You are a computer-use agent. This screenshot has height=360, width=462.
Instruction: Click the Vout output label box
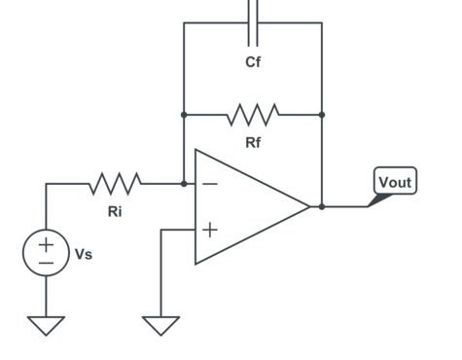coord(395,182)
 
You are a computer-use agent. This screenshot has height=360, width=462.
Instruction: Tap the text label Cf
coord(253,63)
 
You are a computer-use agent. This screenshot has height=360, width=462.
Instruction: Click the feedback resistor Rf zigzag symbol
coord(253,115)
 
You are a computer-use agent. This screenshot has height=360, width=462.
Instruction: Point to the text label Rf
coord(253,143)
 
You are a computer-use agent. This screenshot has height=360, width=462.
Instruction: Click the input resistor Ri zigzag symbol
coord(116,183)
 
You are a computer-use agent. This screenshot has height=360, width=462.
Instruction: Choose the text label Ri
coord(115,211)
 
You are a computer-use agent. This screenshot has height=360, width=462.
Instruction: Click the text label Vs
coord(85,254)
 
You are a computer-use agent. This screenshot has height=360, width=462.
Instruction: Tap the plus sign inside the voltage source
coord(46,244)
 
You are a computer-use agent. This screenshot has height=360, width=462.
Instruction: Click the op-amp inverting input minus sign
coord(210,183)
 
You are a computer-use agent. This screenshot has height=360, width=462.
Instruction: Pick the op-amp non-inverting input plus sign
coord(210,230)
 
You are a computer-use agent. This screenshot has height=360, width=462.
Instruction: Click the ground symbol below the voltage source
coord(46,325)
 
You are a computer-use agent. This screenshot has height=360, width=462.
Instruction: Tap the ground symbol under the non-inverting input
coord(161,325)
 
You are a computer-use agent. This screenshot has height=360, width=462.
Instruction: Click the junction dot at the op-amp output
coord(322,206)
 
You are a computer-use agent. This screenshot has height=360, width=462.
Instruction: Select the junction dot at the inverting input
coord(184,183)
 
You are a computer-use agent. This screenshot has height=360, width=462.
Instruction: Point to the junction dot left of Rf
coord(184,115)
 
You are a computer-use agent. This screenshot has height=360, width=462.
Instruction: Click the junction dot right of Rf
coord(322,115)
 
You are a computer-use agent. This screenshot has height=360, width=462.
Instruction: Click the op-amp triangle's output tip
coord(309,206)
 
